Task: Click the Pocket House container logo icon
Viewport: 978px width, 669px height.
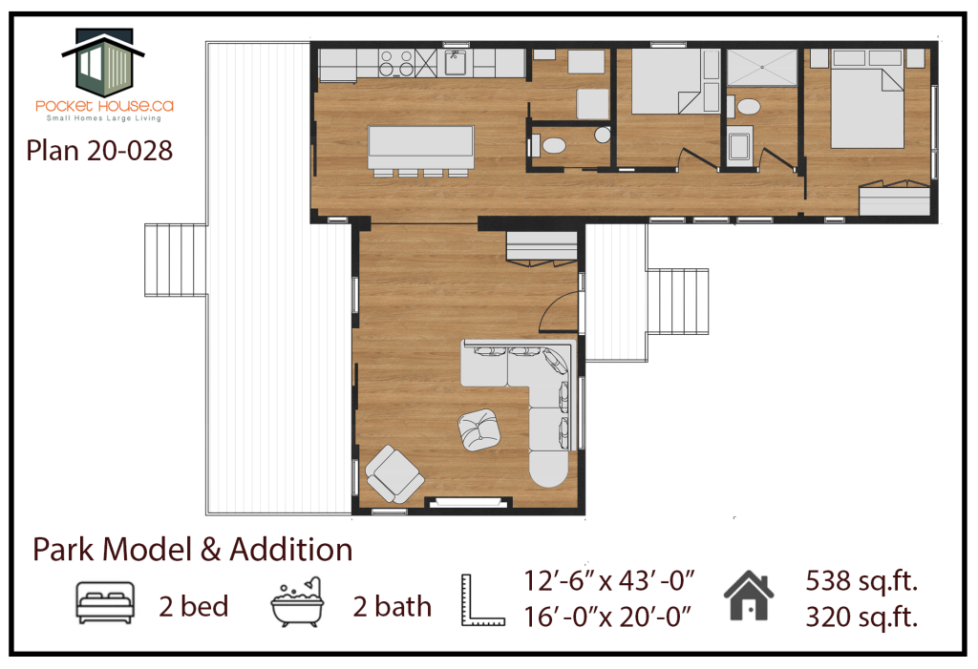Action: click(103, 61)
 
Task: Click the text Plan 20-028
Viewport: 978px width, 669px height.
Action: click(99, 150)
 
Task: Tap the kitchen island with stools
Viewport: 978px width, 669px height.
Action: click(420, 150)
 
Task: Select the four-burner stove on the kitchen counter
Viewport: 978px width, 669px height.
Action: click(396, 64)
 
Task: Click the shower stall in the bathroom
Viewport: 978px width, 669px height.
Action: click(761, 66)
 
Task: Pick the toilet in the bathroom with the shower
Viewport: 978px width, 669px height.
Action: click(747, 107)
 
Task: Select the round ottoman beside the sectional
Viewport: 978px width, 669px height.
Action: click(479, 430)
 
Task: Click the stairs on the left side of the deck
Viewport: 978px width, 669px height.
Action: click(176, 260)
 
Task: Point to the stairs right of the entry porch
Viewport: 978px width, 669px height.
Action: click(677, 302)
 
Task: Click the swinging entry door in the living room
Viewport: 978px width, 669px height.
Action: click(557, 312)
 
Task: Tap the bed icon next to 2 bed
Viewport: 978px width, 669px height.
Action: click(105, 603)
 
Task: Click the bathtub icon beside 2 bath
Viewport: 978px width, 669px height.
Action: click(297, 602)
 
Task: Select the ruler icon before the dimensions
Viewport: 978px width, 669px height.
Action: click(481, 599)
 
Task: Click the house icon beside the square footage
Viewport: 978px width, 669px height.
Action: click(749, 596)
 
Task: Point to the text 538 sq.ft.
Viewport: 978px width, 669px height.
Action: click(861, 581)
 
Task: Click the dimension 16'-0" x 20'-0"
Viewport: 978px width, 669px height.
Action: click(607, 617)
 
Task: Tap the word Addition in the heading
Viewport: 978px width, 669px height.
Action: click(291, 550)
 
